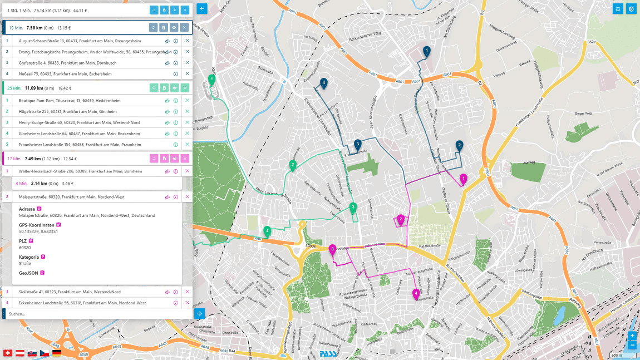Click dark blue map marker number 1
click(427, 51)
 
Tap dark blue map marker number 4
click(323, 83)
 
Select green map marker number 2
click(292, 165)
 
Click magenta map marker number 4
click(416, 293)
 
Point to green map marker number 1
click(211, 80)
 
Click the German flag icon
click(56, 353)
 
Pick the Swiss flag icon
click(7, 353)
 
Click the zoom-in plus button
click(632, 336)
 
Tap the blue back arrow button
click(202, 8)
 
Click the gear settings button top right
click(631, 8)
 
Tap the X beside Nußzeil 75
click(187, 73)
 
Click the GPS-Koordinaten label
click(37, 225)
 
